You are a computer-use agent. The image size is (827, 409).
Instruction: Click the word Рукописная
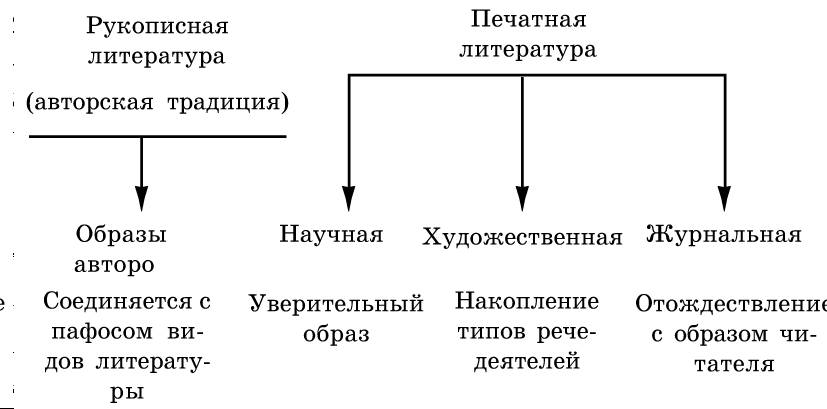point(157,26)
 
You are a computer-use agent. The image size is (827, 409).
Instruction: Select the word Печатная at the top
point(528,20)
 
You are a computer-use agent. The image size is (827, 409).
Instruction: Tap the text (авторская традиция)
point(158,103)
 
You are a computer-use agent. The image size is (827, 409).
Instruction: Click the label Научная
point(331,234)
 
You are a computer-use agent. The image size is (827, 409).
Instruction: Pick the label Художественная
point(522,237)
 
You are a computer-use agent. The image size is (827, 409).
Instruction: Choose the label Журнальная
point(724,234)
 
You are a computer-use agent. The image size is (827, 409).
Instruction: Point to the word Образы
point(121,235)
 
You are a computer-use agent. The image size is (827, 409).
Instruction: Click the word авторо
point(114,265)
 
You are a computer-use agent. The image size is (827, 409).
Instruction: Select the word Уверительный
point(336,305)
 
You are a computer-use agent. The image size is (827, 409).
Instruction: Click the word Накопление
point(527,302)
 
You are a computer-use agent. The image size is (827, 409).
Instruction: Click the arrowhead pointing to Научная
point(349,198)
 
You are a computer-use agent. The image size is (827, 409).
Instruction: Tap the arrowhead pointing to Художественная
point(522,198)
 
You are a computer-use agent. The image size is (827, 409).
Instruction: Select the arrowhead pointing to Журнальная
point(725,198)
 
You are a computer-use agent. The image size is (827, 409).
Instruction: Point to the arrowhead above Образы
point(141,198)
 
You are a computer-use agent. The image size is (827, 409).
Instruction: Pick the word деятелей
point(527,362)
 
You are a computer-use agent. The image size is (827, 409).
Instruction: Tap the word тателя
point(734,365)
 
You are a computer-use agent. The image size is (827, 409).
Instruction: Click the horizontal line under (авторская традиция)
point(158,137)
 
